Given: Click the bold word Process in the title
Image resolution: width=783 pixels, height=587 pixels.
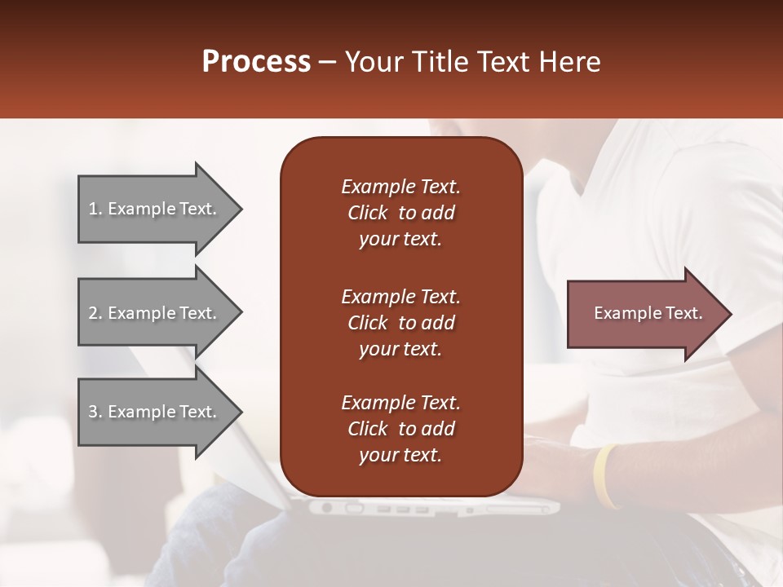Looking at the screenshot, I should pos(256,62).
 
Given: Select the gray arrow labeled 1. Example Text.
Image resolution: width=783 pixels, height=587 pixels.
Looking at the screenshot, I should pos(155,209).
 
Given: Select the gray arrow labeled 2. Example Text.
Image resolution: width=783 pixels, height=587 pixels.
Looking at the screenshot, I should pos(155,313).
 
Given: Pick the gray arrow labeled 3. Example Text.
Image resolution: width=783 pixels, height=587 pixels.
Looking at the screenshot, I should pos(155,412).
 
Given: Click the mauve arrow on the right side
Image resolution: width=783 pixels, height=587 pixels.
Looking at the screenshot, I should pos(644,313).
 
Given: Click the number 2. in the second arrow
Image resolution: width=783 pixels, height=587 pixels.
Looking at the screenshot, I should pos(95,313).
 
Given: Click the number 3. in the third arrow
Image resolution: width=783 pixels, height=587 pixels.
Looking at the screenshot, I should pos(95,412).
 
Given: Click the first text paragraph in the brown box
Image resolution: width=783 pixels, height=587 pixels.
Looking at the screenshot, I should pos(400,213).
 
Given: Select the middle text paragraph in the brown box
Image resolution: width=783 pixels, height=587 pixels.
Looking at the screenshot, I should pos(400,322).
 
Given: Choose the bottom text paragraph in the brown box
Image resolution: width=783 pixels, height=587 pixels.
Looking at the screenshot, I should pos(400,429).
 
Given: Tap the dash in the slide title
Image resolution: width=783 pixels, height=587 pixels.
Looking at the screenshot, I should pos(328,64).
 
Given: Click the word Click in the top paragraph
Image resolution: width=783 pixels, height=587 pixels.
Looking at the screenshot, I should pos(368,213).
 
